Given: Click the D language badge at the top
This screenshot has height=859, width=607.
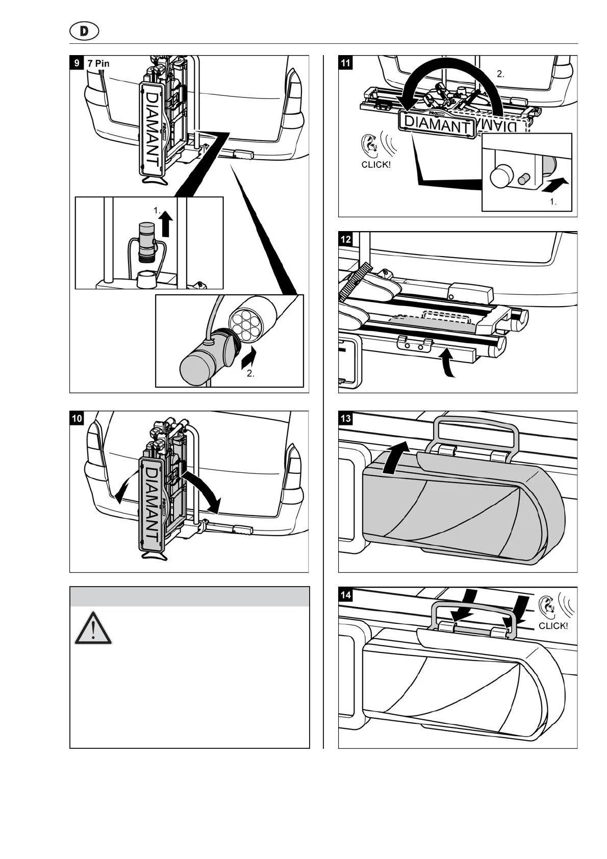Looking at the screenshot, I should click(x=84, y=31).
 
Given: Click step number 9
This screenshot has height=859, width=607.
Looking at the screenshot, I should click(x=77, y=63).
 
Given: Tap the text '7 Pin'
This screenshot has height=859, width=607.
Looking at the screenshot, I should click(x=98, y=64).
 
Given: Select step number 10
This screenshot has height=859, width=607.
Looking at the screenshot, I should click(x=77, y=419).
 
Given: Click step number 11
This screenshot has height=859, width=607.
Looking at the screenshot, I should click(x=345, y=63).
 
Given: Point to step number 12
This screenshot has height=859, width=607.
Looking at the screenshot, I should click(x=345, y=239).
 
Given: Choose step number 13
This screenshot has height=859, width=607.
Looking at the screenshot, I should click(x=345, y=419).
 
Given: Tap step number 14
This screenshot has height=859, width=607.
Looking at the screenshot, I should click(x=345, y=595).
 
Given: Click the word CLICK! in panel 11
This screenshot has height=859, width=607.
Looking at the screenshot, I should click(x=376, y=165).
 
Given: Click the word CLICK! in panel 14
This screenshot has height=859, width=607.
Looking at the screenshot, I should click(x=553, y=626).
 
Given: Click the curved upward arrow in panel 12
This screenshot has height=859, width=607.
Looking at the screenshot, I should click(x=447, y=363).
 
